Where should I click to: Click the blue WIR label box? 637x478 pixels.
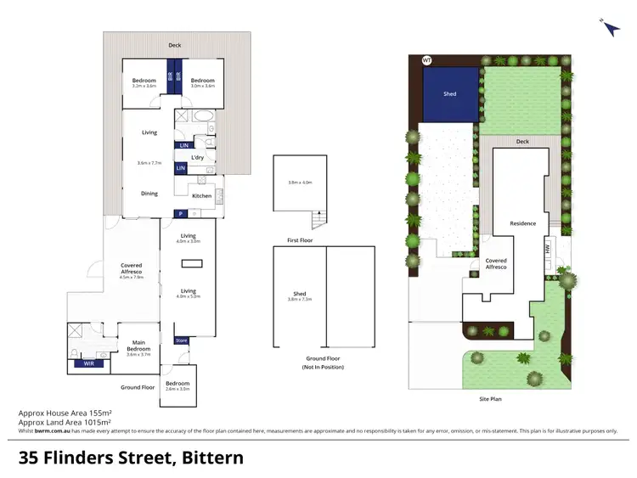click(87, 363)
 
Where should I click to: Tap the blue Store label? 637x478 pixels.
click(181, 340)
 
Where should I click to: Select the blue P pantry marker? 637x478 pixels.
click(181, 213)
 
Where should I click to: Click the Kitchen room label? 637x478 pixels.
click(201, 196)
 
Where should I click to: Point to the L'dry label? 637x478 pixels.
click(197, 157)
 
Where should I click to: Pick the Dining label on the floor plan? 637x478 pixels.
click(149, 194)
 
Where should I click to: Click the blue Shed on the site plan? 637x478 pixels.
click(450, 94)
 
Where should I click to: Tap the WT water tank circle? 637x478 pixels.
click(426, 60)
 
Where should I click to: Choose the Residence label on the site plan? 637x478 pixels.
click(522, 223)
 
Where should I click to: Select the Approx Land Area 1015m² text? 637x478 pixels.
click(65, 421)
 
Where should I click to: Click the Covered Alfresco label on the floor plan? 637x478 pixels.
click(132, 271)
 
